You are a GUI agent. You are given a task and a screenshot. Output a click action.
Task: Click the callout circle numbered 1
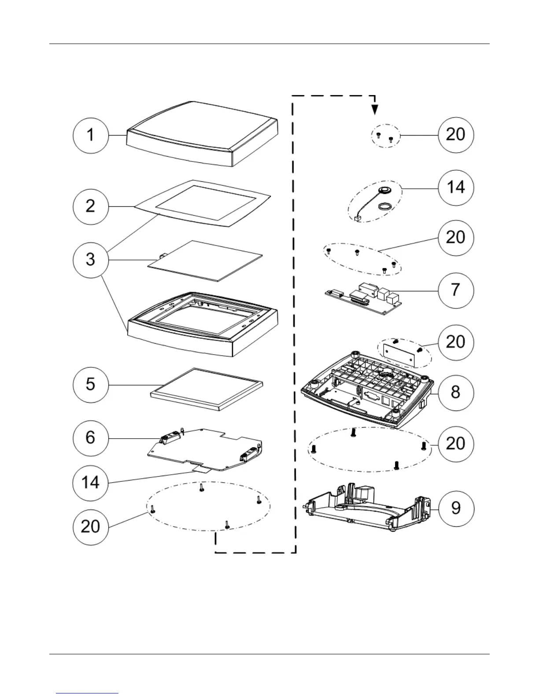coord(90,135)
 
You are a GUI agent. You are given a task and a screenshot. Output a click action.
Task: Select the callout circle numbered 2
coord(90,206)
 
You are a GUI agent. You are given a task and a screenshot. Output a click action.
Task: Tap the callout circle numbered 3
coord(90,259)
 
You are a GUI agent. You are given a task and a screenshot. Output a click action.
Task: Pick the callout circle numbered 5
coord(90,384)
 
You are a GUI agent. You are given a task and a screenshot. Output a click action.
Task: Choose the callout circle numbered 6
coord(90,437)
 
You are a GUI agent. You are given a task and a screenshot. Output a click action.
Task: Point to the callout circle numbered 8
coord(456,393)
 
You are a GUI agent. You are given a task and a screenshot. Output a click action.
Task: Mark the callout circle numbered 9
coord(456,508)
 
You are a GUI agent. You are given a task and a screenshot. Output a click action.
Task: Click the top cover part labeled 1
coord(203,134)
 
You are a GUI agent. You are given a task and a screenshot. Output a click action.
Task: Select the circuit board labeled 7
coord(363,299)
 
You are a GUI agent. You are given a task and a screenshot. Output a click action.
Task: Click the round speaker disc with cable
coord(385,190)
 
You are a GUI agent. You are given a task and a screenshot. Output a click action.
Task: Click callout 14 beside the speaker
coord(456,187)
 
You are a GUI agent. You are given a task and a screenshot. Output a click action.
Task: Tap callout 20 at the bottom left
coord(90,527)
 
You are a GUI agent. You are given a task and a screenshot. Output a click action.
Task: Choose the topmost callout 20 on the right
coord(456,134)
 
